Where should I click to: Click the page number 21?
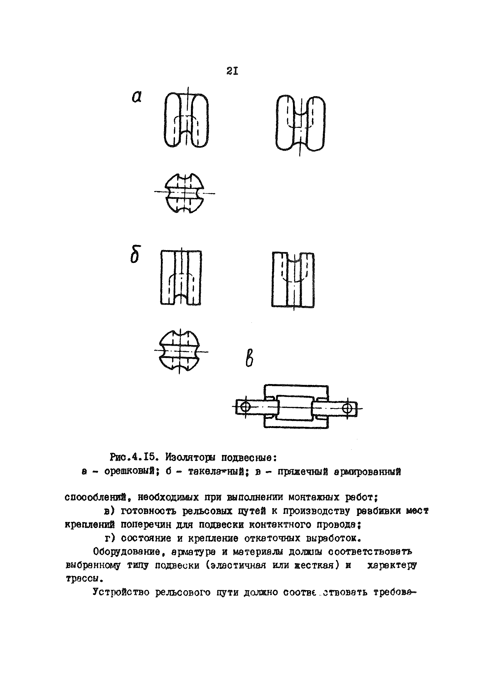232,71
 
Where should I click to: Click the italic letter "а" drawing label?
137,97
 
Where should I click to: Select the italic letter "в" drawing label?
249,360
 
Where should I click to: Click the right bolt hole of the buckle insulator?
348,408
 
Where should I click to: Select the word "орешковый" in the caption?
130,472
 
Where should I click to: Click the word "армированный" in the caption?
367,472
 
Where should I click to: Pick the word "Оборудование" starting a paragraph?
126,551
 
